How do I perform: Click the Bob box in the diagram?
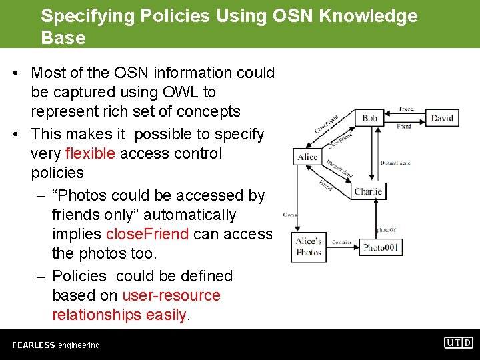(x=369, y=118)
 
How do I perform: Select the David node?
(x=441, y=118)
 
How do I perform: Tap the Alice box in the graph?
(x=307, y=157)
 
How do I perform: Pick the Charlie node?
(x=369, y=191)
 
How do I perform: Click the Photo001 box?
(x=381, y=247)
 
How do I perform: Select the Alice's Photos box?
(x=309, y=247)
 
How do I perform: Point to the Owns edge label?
(x=289, y=215)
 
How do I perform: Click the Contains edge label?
(x=342, y=243)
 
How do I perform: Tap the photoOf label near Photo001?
(x=386, y=229)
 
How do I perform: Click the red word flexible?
(x=90, y=153)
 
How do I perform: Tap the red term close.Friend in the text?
(x=147, y=234)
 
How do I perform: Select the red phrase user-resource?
(x=171, y=295)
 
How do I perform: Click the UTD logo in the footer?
(x=459, y=343)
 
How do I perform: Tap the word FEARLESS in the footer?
(x=33, y=345)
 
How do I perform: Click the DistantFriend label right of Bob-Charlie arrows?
(x=395, y=163)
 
